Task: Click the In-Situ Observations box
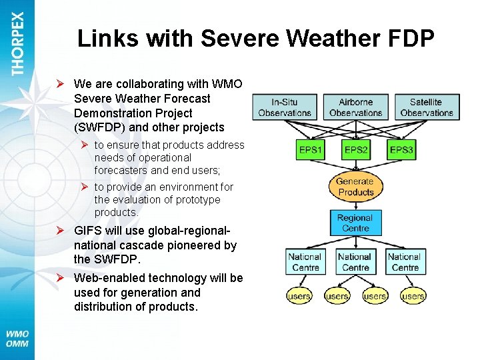pos(285,107)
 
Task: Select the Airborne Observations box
pos(355,107)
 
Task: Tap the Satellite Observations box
pos(426,107)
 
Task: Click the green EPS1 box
pos(310,150)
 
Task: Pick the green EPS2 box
pos(355,150)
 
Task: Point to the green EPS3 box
pos(401,150)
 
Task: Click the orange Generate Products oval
pos(355,187)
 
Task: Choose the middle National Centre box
pos(355,262)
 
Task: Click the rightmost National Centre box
pos(405,262)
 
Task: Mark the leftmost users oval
pos(299,295)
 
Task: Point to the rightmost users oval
pos(413,295)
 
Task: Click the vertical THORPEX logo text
pos(17,43)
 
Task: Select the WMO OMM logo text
pos(18,339)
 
